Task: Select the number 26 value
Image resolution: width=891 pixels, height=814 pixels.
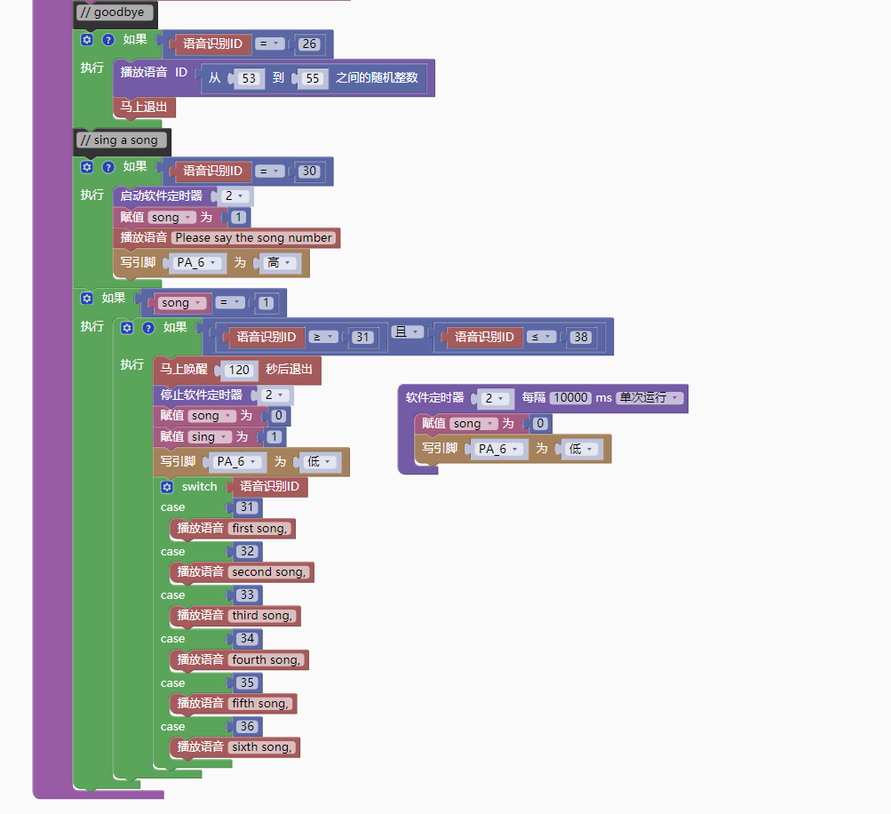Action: [x=309, y=44]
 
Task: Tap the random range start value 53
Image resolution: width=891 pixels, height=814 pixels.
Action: [x=249, y=78]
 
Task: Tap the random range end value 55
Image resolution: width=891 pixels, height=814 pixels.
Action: [x=312, y=78]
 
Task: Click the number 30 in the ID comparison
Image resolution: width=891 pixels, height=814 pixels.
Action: [x=309, y=171]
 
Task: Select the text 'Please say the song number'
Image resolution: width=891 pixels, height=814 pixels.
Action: [x=254, y=237]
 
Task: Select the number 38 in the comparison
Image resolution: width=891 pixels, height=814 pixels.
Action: [x=581, y=337]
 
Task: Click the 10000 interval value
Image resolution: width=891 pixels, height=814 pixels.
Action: [x=570, y=397]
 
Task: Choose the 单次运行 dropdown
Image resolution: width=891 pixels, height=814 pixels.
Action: [x=650, y=397]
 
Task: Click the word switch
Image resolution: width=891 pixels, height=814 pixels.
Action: [x=199, y=486]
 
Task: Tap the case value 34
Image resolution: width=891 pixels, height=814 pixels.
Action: [x=247, y=638]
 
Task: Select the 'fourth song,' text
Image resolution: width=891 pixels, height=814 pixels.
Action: [x=267, y=659]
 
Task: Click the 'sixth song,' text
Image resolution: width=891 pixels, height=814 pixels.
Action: [x=261, y=746]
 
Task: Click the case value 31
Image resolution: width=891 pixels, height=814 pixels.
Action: [x=247, y=507]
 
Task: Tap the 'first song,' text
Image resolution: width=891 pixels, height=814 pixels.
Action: [x=259, y=528]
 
